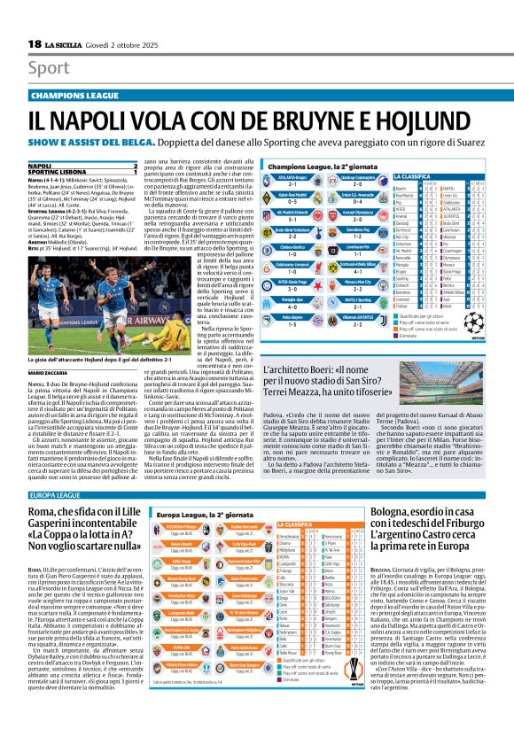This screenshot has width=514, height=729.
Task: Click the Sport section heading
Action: [x=47, y=67]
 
